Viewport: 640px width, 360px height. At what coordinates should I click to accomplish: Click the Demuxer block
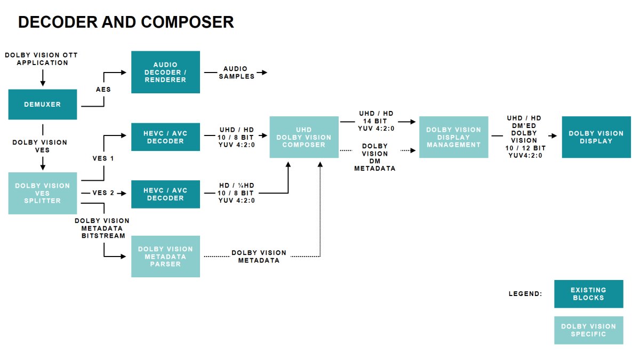coord(43,105)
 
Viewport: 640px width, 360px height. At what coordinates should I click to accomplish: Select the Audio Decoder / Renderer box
coord(165,72)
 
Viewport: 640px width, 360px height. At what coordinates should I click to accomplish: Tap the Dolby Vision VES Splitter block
coord(43,193)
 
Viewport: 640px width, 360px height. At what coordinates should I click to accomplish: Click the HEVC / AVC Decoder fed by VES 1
coord(165,137)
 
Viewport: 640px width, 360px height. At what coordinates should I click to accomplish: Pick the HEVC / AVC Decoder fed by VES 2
coord(165,194)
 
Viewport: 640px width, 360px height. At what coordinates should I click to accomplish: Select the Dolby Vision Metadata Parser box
coord(165,257)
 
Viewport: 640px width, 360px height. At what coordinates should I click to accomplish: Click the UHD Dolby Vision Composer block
coord(304,137)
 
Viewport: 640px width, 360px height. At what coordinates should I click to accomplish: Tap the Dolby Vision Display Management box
coord(453,137)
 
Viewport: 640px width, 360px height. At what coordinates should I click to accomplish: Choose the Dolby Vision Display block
coord(596,137)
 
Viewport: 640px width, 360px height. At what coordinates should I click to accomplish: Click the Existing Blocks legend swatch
coord(588,294)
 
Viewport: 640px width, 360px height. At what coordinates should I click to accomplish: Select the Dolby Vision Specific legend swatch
coord(588,330)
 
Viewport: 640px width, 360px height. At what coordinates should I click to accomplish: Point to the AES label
coord(103,89)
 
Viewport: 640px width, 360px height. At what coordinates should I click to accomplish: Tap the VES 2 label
coord(103,193)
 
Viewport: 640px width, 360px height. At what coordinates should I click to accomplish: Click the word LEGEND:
coord(525,294)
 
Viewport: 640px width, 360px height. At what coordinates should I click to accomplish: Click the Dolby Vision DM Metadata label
coord(375,157)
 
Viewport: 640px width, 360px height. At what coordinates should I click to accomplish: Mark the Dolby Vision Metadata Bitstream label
coord(102,228)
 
